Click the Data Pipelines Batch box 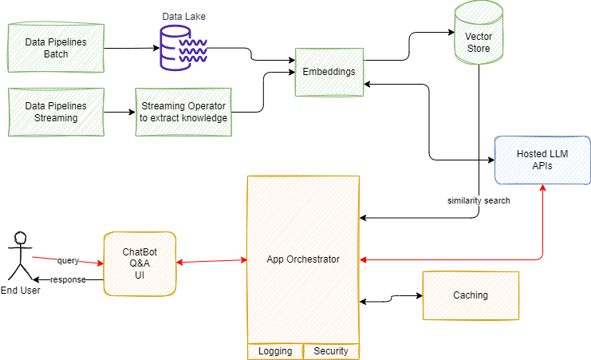pyautogui.click(x=56, y=47)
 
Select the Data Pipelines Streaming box pyautogui.click(x=56, y=112)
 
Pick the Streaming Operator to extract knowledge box pyautogui.click(x=183, y=112)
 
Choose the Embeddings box pyautogui.click(x=329, y=72)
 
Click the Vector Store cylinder pyautogui.click(x=479, y=34)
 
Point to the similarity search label pyautogui.click(x=479, y=201)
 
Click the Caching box pyautogui.click(x=471, y=295)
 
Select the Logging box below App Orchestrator pyautogui.click(x=275, y=351)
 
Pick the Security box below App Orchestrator pyautogui.click(x=331, y=351)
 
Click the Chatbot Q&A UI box pyautogui.click(x=140, y=263)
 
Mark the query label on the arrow pyautogui.click(x=68, y=260)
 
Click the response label pyautogui.click(x=68, y=280)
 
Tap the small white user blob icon pyautogui.click(x=20, y=237)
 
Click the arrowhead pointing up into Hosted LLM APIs pyautogui.click(x=542, y=188)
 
